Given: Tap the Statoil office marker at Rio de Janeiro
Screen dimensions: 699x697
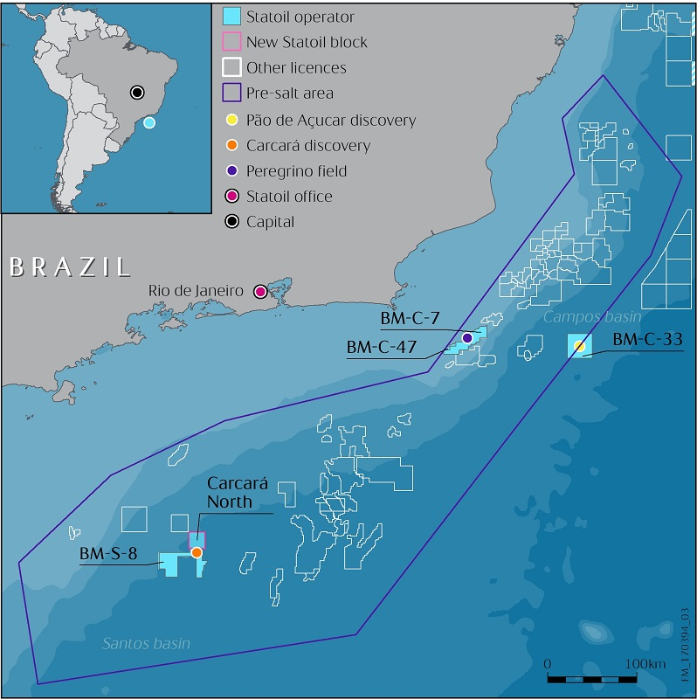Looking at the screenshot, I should coord(259,292).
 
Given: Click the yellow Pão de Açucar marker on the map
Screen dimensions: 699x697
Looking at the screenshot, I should coord(579,348).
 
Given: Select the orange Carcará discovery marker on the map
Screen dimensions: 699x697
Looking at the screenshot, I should coord(197,552).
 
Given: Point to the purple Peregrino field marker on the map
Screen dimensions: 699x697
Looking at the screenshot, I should coord(467,337).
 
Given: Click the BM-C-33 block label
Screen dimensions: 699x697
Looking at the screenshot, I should coord(645,339).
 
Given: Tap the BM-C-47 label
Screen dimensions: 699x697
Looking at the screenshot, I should coord(383,347).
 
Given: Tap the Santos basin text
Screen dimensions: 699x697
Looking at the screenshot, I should coord(146,644).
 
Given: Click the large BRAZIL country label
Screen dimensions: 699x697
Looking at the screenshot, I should coord(70,266).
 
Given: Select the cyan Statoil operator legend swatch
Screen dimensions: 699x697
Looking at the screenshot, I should coord(231,16).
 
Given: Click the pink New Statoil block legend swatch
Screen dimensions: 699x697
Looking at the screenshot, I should coord(231,42).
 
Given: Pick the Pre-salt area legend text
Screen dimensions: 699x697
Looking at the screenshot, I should coord(290,93).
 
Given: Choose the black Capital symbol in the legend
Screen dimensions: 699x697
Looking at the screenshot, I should coord(231,222).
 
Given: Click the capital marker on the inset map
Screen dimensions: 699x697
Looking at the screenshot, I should coord(136,92).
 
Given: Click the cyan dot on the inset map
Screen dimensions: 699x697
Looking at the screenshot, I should coord(149,123).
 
